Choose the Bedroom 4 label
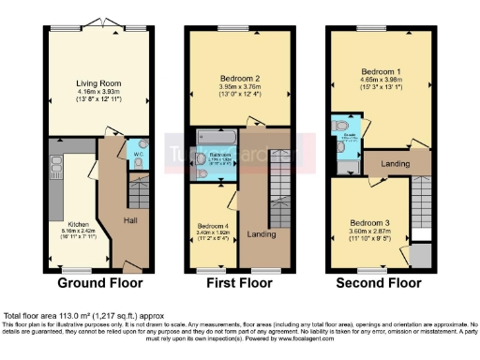(211, 226)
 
